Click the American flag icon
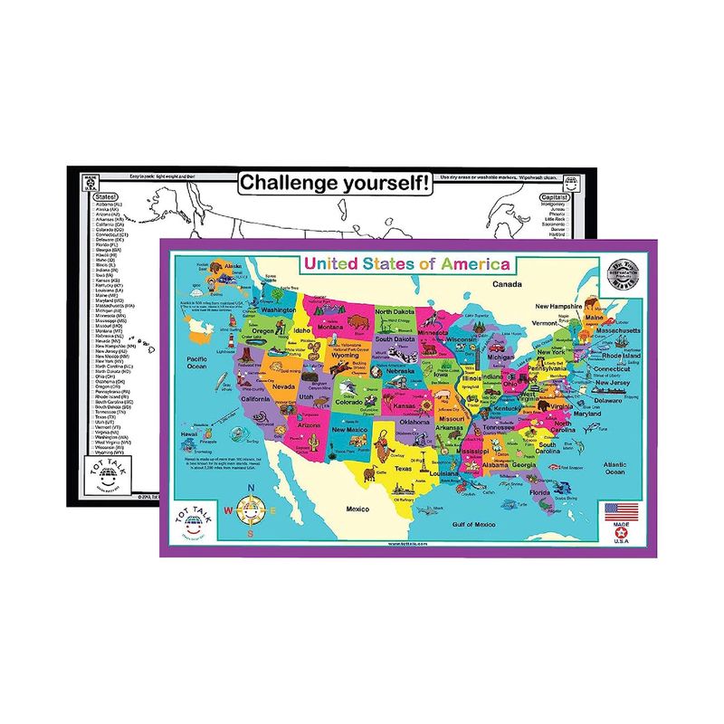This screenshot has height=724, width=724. click(620, 509)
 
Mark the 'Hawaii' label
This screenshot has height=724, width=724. click(188, 433)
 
